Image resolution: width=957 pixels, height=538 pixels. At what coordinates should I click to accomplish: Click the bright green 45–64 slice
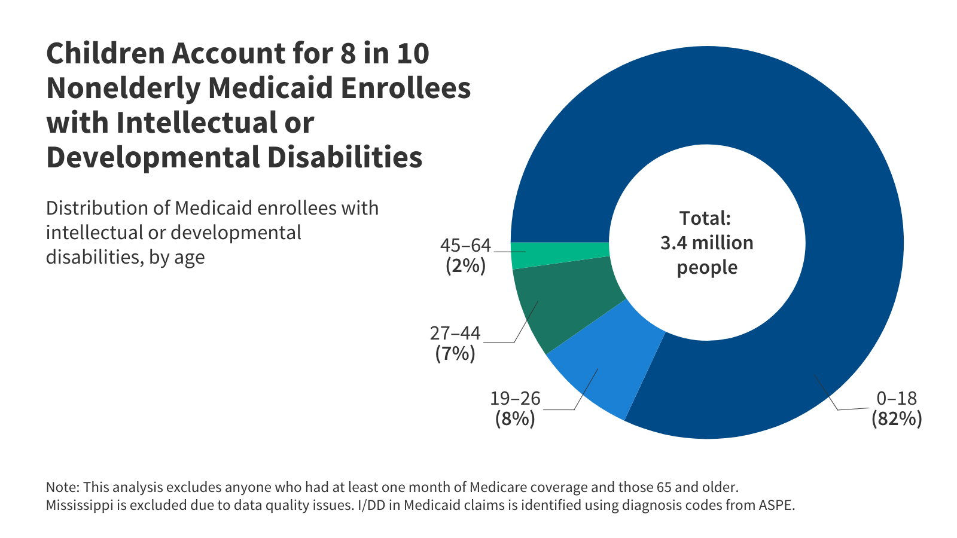pyautogui.click(x=559, y=254)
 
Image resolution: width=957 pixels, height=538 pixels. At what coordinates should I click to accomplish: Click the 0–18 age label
pyautogui.click(x=897, y=398)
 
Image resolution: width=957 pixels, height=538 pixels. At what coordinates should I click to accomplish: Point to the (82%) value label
pyautogui.click(x=897, y=419)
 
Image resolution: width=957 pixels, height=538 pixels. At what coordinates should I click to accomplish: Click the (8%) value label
pyautogui.click(x=515, y=419)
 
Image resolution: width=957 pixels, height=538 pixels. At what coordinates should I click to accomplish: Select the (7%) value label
pyautogui.click(x=455, y=354)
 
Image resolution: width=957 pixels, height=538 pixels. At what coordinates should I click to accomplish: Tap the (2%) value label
pyautogui.click(x=466, y=266)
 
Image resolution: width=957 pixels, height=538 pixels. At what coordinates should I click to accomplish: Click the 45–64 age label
pyautogui.click(x=465, y=245)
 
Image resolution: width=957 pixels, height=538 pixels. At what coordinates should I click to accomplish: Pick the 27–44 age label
pyautogui.click(x=455, y=333)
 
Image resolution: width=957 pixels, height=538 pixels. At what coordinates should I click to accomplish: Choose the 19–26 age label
pyautogui.click(x=515, y=398)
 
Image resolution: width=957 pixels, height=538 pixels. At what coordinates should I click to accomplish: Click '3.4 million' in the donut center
pyautogui.click(x=707, y=243)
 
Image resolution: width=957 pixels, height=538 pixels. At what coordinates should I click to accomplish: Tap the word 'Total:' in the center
pyautogui.click(x=705, y=218)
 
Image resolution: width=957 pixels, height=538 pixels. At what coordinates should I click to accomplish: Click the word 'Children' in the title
pyautogui.click(x=105, y=53)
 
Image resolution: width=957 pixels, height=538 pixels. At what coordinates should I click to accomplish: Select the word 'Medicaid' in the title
pyautogui.click(x=272, y=88)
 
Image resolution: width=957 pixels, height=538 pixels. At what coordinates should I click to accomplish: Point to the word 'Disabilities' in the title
pyautogui.click(x=345, y=157)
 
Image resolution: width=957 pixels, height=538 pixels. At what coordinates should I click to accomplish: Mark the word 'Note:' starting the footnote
pyautogui.click(x=62, y=487)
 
